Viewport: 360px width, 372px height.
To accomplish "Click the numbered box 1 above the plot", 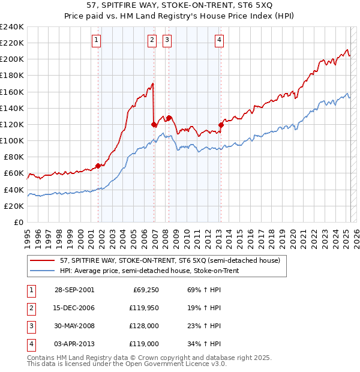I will [x=96, y=40].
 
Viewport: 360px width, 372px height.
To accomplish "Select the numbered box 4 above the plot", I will [x=220, y=40].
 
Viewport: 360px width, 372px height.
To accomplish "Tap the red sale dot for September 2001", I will [x=98, y=166].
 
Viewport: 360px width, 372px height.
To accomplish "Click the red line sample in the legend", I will [x=42, y=260].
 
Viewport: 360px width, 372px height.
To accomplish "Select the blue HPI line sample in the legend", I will [x=42, y=271].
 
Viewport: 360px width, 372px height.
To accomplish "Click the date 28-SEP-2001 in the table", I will [x=74, y=290].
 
